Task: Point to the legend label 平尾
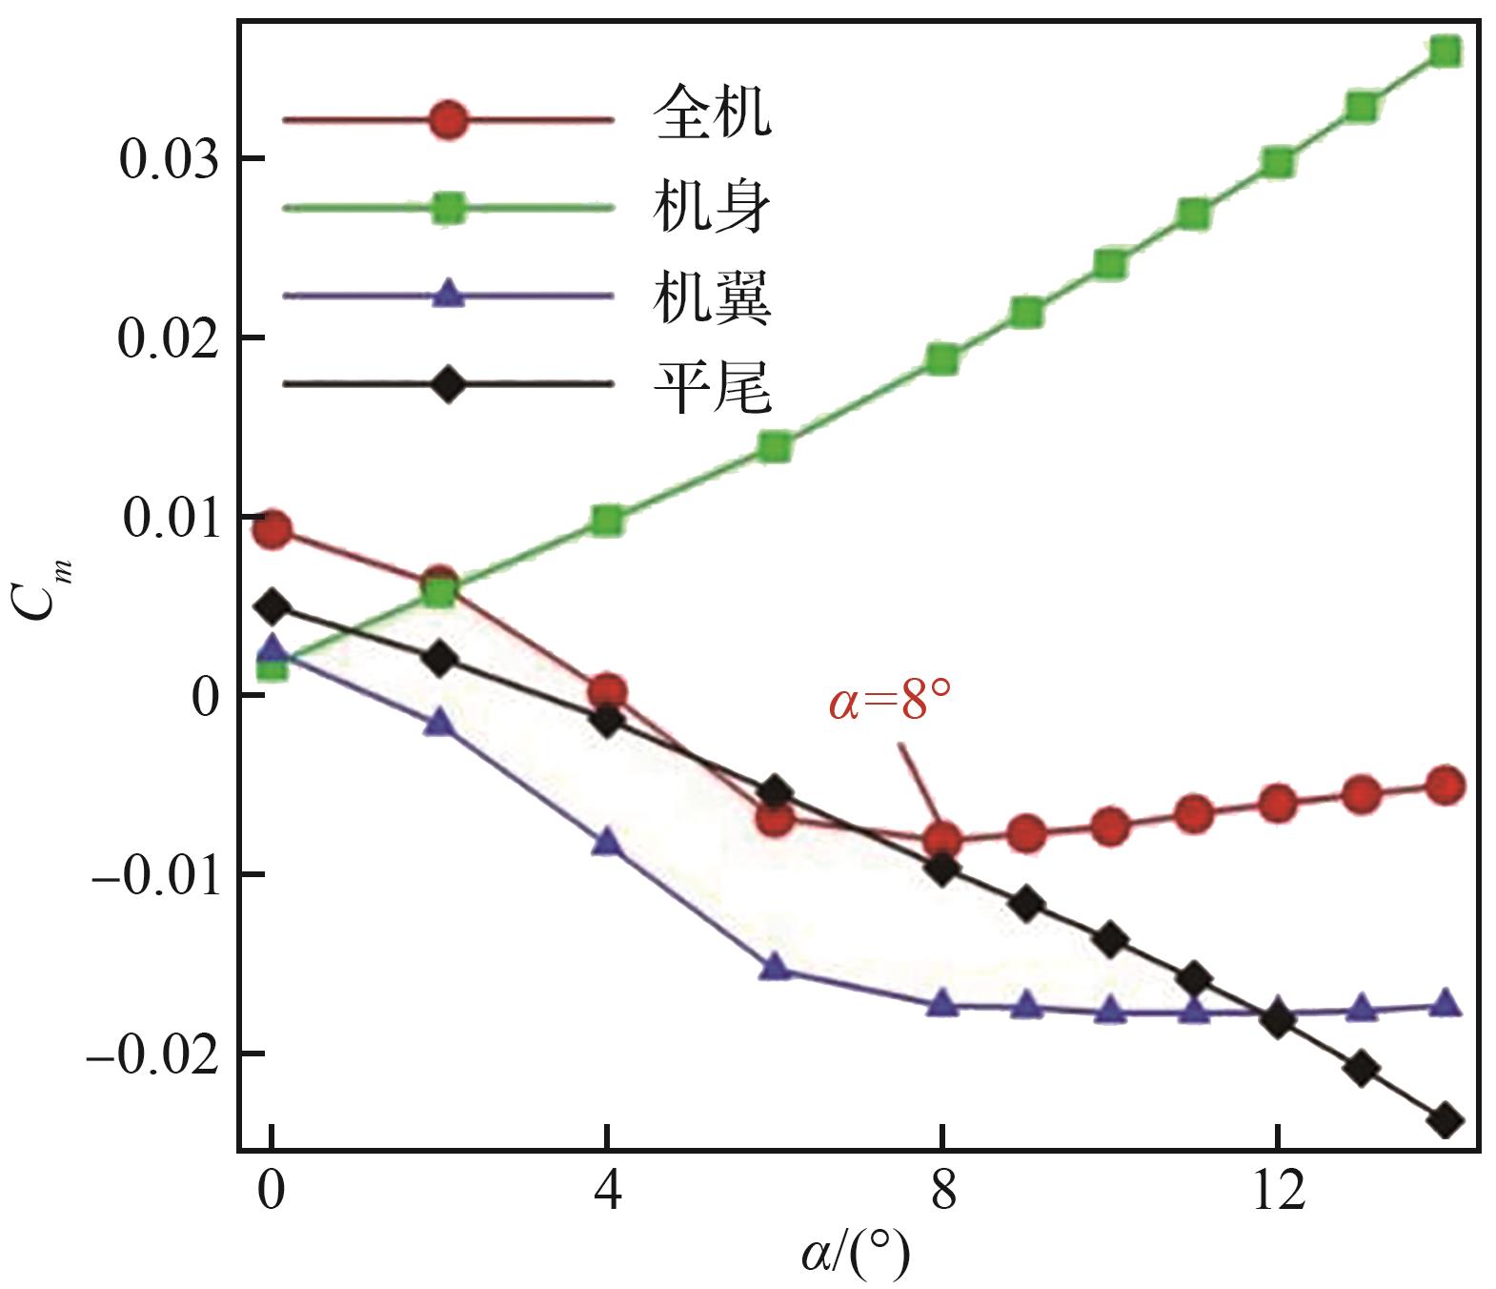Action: click(712, 386)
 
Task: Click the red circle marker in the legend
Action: click(448, 120)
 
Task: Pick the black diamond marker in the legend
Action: click(448, 384)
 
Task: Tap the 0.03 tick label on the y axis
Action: click(168, 159)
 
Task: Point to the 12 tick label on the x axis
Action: click(1277, 1190)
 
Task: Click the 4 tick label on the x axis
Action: click(607, 1190)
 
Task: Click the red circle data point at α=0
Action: click(273, 529)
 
